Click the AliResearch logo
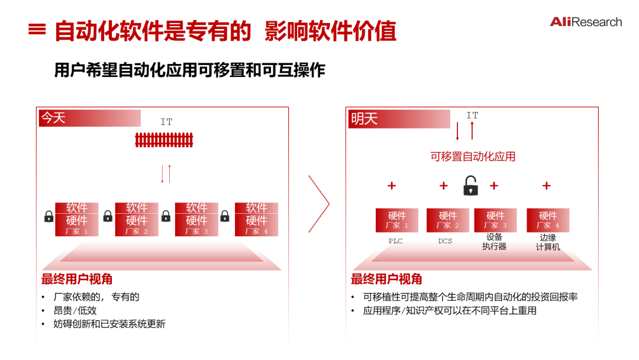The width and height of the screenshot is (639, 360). pyautogui.click(x=585, y=22)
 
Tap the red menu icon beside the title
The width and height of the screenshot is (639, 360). pyautogui.click(x=37, y=30)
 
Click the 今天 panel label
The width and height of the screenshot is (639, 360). pyautogui.click(x=53, y=118)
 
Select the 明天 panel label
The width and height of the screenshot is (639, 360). pyautogui.click(x=364, y=119)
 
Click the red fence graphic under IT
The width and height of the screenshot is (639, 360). pyautogui.click(x=164, y=140)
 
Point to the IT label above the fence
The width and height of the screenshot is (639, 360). pyautogui.click(x=166, y=122)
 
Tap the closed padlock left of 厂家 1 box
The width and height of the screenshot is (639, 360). pyautogui.click(x=49, y=217)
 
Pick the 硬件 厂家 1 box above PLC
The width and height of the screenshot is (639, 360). pyautogui.click(x=396, y=220)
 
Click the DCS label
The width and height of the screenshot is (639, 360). pyautogui.click(x=445, y=241)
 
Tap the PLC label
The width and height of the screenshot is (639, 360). pyautogui.click(x=395, y=241)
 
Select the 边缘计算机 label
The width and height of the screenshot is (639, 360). pyautogui.click(x=548, y=242)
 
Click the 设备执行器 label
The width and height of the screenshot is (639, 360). pyautogui.click(x=494, y=242)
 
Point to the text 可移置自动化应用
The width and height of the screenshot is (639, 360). pyautogui.click(x=473, y=156)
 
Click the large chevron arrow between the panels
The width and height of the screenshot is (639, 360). pyautogui.click(x=319, y=203)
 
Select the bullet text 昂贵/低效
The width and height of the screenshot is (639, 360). pyautogui.click(x=75, y=310)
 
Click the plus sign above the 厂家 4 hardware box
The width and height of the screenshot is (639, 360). pyautogui.click(x=546, y=186)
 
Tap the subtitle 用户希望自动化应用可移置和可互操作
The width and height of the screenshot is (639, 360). pyautogui.click(x=190, y=70)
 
